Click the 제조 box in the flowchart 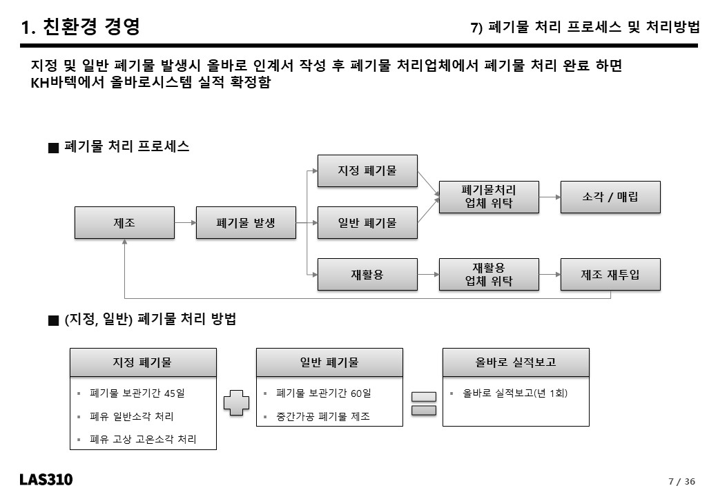tap(124, 223)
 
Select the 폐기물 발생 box tap(246, 223)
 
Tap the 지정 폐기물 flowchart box tap(367, 170)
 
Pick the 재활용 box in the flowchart tap(367, 275)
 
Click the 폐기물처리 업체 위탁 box tap(489, 197)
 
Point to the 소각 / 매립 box tap(610, 197)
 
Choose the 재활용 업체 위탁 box tap(489, 275)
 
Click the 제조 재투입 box tap(610, 275)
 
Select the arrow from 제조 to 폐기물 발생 tap(186, 223)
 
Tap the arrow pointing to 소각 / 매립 tap(550, 197)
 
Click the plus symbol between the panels tap(236, 402)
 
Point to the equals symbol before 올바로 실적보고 tap(424, 404)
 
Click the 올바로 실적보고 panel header tap(516, 362)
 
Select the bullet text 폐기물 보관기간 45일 tap(137, 393)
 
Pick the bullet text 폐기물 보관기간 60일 tap(323, 393)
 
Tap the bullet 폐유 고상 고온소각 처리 tap(143, 439)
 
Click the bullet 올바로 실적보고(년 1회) tap(515, 393)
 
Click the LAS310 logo tap(46, 480)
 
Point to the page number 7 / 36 tap(682, 481)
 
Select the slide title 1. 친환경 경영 tap(80, 26)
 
